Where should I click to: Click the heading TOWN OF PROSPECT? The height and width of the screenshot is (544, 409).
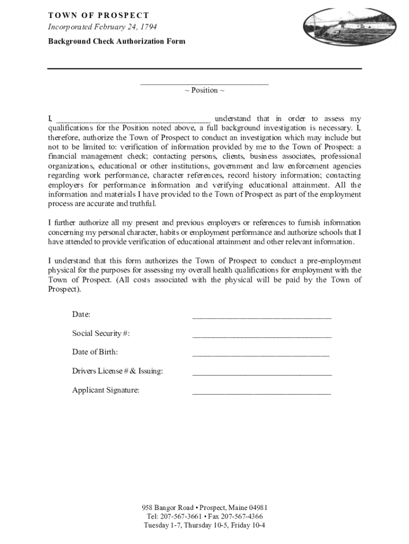[98, 15]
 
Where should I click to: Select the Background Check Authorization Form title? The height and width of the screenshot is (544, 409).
[116, 41]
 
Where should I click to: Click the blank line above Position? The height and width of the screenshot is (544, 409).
[204, 82]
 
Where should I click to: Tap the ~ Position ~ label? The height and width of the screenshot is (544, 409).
[204, 90]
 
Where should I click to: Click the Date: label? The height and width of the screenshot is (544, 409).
[81, 314]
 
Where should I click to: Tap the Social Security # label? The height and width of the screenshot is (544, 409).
[101, 333]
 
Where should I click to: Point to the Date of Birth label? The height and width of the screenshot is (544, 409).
[95, 352]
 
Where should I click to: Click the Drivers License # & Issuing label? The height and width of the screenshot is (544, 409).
[117, 371]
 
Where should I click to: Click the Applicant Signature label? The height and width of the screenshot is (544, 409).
[106, 390]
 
